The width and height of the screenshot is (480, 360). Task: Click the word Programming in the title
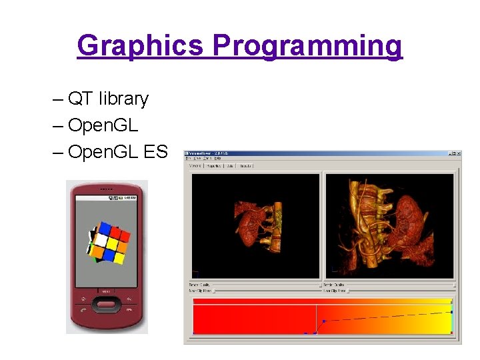click(307, 46)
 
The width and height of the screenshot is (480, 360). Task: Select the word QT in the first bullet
click(80, 99)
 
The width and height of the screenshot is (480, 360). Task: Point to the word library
click(123, 99)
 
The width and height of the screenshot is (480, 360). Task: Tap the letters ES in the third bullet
click(155, 152)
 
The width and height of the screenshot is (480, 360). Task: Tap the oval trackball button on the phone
click(107, 305)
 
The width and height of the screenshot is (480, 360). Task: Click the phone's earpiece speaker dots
click(107, 189)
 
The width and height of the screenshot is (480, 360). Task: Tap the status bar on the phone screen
click(107, 198)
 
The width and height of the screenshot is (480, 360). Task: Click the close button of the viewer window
click(458, 154)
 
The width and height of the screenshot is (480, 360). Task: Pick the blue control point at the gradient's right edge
click(451, 311)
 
